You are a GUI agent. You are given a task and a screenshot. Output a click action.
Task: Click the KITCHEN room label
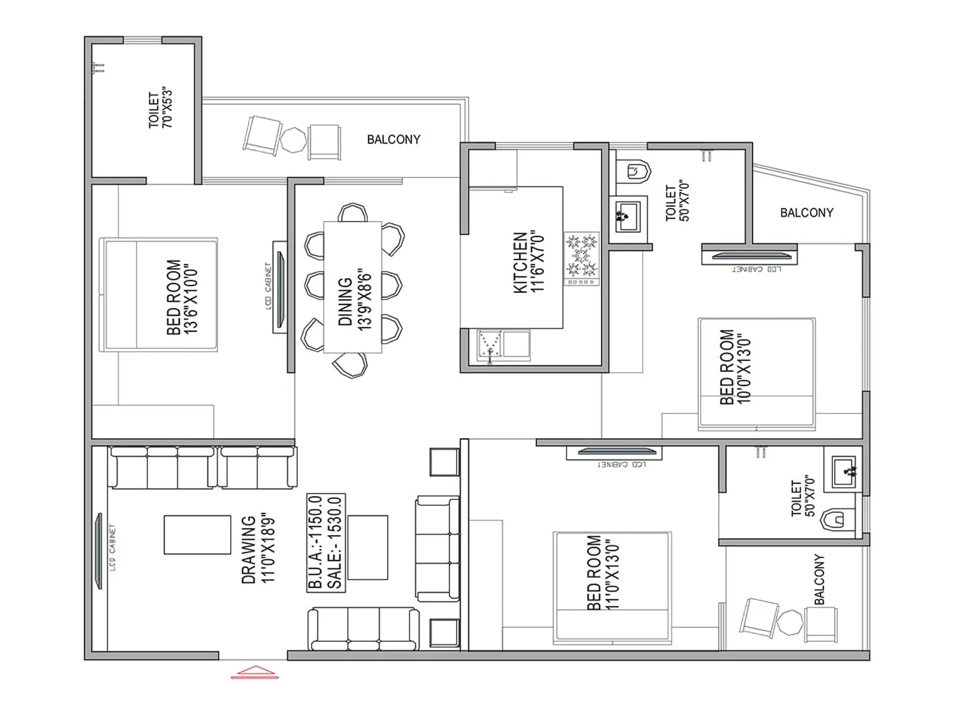click(x=520, y=262)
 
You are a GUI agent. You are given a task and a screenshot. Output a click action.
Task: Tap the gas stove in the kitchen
click(x=581, y=259)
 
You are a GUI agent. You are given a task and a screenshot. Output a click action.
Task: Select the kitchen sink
click(x=490, y=346)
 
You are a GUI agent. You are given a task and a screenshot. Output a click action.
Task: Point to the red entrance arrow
click(x=255, y=672)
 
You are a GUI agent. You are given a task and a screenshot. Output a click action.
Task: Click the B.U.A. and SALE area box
click(x=326, y=542)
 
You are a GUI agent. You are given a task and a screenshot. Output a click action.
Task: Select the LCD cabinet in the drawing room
click(x=99, y=551)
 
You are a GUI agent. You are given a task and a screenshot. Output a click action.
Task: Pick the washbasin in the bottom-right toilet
click(x=843, y=471)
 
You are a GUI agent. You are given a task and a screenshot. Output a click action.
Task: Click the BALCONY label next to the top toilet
click(x=394, y=139)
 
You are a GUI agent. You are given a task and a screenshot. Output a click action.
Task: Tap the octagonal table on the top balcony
click(x=293, y=139)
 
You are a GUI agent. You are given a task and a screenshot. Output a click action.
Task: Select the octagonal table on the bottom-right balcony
click(x=791, y=623)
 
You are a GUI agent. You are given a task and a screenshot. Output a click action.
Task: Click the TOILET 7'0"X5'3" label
click(x=160, y=110)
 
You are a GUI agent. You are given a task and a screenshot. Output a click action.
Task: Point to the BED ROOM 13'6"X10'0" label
click(x=182, y=297)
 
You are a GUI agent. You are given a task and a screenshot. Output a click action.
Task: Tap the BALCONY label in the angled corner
click(x=806, y=213)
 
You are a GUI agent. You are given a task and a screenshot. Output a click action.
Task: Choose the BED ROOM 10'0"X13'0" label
click(x=735, y=366)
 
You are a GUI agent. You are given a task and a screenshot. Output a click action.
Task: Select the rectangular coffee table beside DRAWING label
click(x=197, y=534)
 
